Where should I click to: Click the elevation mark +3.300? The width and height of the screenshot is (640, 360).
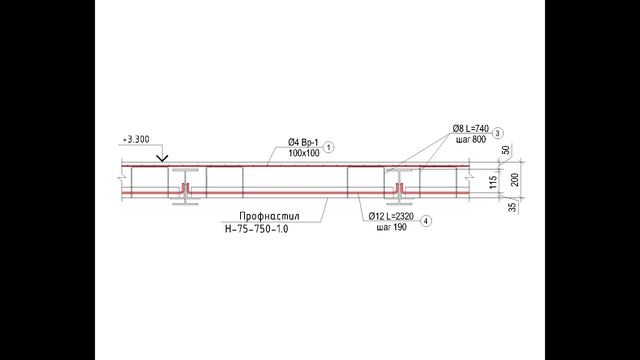tap(136, 140)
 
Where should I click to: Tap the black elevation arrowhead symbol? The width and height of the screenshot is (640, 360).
tap(162, 158)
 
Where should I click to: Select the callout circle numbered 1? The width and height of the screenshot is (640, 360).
tap(329, 147)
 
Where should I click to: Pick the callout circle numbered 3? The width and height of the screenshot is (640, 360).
tap(497, 133)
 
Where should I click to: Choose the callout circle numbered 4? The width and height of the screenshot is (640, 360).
tap(426, 221)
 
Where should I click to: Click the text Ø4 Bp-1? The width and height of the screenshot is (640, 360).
tap(303, 142)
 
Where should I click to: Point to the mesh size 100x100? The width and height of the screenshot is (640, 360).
tap(304, 153)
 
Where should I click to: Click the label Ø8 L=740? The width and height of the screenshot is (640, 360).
tap(471, 129)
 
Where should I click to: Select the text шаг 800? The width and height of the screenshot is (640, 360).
tap(471, 140)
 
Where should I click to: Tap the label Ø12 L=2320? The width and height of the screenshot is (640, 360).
tap(391, 216)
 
